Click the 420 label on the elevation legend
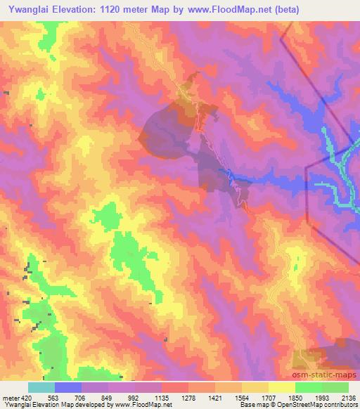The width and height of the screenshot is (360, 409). (25, 397)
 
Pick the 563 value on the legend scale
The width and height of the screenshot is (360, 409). (54, 397)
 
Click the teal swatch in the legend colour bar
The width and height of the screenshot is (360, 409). (41, 387)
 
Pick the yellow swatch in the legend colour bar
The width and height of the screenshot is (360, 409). (282, 387)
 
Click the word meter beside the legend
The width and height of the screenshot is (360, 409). (9, 397)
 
